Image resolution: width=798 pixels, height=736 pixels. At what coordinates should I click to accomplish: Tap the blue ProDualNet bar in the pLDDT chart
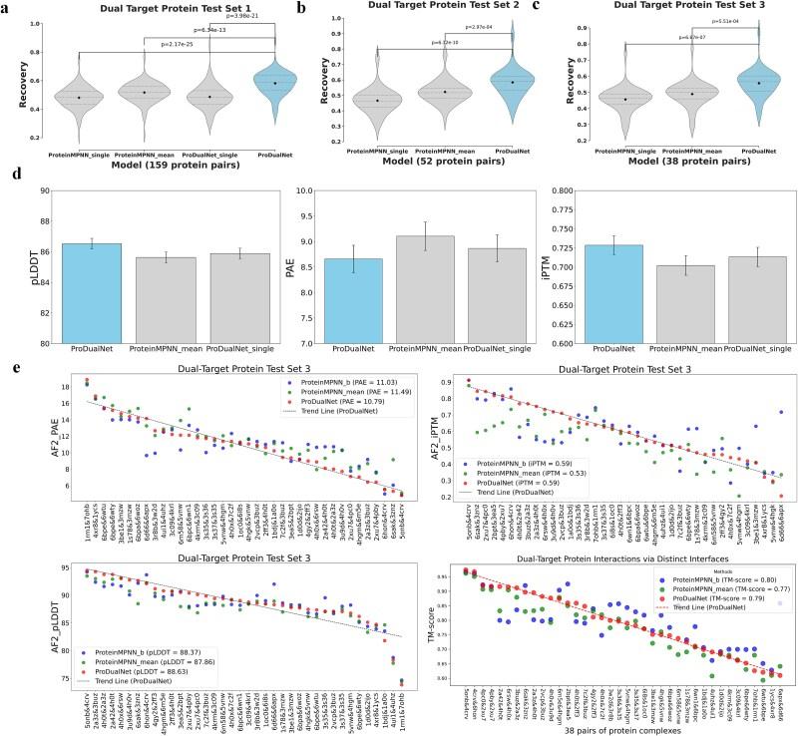(x=91, y=293)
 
